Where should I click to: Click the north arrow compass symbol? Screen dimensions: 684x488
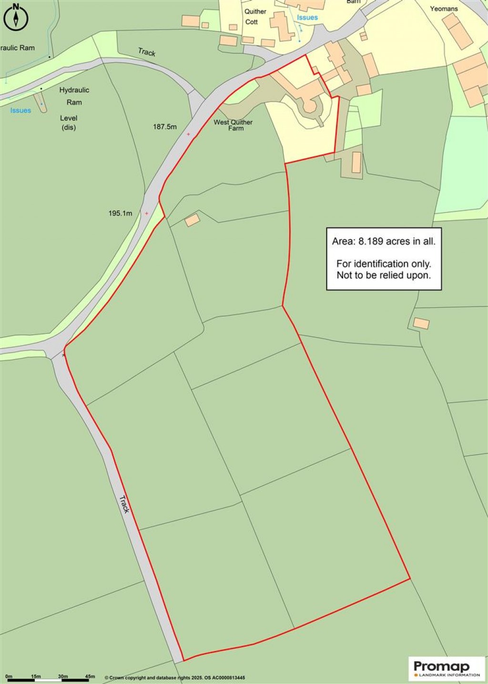pos(16,17)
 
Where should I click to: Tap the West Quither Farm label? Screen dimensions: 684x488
pos(233,125)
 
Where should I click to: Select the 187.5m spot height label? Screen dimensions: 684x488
pos(165,127)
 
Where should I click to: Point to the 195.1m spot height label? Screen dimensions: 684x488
pos(120,213)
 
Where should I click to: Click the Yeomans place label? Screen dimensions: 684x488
pos(444,9)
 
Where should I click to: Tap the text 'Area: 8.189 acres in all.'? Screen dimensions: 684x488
pos(384,241)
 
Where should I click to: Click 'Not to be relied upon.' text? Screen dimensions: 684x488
pos(384,275)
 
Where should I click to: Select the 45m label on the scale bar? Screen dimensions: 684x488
pos(90,676)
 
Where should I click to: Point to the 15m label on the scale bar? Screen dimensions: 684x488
pos(36,676)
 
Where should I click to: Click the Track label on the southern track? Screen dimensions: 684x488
pos(124,504)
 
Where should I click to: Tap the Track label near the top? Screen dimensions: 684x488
pos(147,52)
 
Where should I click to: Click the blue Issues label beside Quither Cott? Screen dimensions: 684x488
pos(307,18)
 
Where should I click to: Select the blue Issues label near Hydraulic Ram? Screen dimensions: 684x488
pos(20,110)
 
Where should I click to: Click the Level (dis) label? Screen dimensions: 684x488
pos(69,123)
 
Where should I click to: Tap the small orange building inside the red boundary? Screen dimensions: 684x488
pos(193,220)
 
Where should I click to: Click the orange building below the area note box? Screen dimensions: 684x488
pos(421,323)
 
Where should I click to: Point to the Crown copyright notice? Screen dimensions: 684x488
pos(175,677)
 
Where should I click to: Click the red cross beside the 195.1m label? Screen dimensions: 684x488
pos(146,213)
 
